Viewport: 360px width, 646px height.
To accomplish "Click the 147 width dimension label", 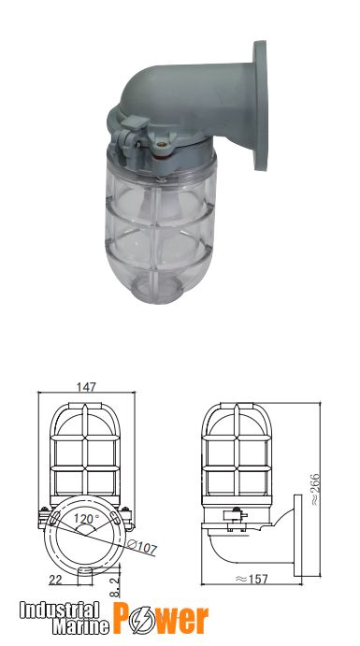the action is click(x=86, y=387).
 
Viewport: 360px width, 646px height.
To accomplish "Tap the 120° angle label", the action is click(x=86, y=519).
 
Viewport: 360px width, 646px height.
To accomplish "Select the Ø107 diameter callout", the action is click(x=142, y=546).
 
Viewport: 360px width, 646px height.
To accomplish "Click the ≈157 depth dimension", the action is click(x=252, y=579).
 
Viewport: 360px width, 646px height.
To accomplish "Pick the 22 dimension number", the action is click(x=55, y=580).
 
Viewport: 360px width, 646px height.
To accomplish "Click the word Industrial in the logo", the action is click(x=59, y=610).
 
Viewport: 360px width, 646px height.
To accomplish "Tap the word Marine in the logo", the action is click(x=80, y=626).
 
